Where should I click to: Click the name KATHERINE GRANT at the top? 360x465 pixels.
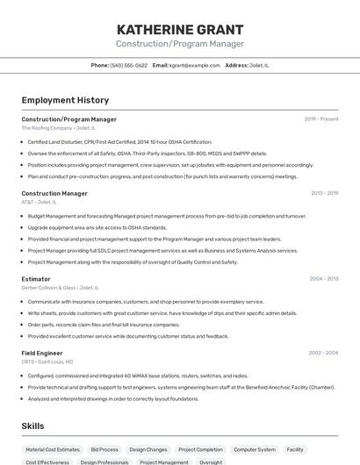[x=179, y=30]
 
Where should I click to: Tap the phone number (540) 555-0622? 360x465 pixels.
[x=129, y=65]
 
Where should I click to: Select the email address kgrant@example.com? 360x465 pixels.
[x=195, y=65]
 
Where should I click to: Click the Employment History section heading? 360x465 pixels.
[x=65, y=100]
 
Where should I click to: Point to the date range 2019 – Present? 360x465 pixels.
[x=320, y=118]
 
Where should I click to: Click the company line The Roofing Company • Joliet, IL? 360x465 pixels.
[x=58, y=128]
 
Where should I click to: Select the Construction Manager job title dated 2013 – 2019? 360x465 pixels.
[x=54, y=193]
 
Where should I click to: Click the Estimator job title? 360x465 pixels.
[x=36, y=279]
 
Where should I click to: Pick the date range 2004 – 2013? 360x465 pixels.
[x=323, y=279]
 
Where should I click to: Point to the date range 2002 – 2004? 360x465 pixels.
[x=323, y=353]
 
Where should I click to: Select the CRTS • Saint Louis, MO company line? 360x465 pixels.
[x=47, y=361]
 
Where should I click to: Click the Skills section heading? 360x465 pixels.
[x=33, y=426]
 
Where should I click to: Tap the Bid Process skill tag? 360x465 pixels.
[x=104, y=449]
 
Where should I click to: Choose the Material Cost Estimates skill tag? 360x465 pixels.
[x=53, y=449]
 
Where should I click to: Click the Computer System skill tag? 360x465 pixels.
[x=255, y=449]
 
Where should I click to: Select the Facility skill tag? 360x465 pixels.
[x=295, y=449]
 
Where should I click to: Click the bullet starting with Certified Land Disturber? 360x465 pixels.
[x=120, y=142]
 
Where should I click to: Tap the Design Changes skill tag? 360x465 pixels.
[x=148, y=449]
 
